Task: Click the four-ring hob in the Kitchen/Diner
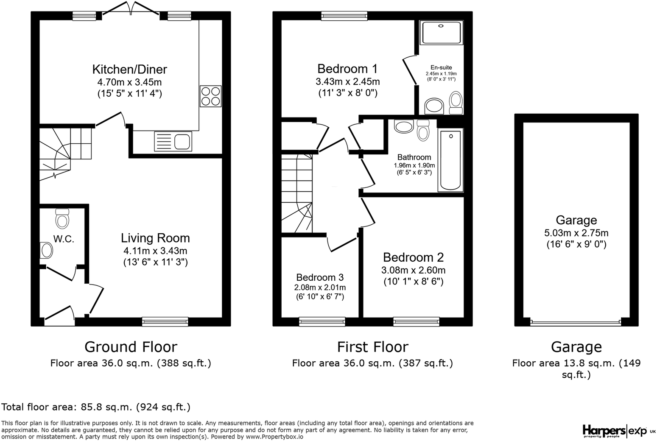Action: click(210, 96)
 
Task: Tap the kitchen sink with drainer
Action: click(173, 141)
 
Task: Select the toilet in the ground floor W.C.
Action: click(62, 218)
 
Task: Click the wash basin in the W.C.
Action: click(46, 250)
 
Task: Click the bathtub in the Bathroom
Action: click(450, 160)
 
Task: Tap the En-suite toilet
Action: click(456, 103)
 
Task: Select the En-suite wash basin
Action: click(434, 106)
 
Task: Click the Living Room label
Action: click(155, 238)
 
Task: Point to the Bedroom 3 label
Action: click(320, 277)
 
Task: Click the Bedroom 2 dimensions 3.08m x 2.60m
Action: click(413, 270)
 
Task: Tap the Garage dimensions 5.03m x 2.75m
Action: click(576, 233)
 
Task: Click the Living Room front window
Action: click(165, 321)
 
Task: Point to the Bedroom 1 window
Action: click(344, 16)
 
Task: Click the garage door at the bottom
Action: click(576, 322)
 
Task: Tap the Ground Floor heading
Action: click(131, 347)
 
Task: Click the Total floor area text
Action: click(96, 407)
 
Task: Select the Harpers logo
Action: click(604, 430)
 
